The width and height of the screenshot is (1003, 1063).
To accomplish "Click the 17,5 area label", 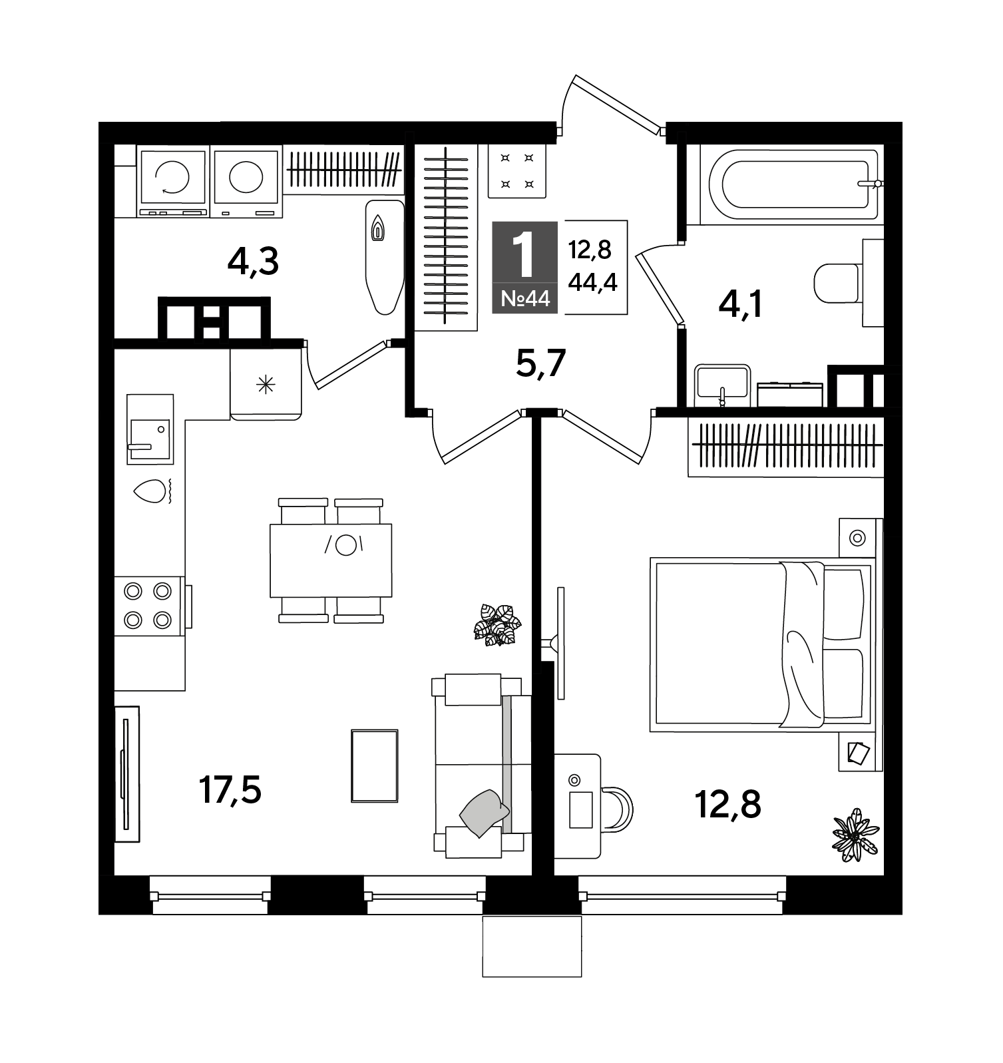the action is [x=230, y=791].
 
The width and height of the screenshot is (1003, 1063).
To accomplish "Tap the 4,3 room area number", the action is [x=252, y=262].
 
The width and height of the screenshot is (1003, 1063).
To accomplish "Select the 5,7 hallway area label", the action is [x=540, y=363].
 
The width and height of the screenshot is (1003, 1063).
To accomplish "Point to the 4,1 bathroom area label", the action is [x=740, y=305].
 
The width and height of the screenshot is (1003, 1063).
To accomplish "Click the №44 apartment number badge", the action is [x=525, y=299].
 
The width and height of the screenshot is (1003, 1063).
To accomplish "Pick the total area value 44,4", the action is [x=592, y=282].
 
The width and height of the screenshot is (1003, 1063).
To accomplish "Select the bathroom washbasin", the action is [x=722, y=385].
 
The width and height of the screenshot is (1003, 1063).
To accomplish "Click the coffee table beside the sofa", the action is [x=375, y=765].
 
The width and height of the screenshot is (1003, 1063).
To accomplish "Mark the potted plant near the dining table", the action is [x=497, y=624].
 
